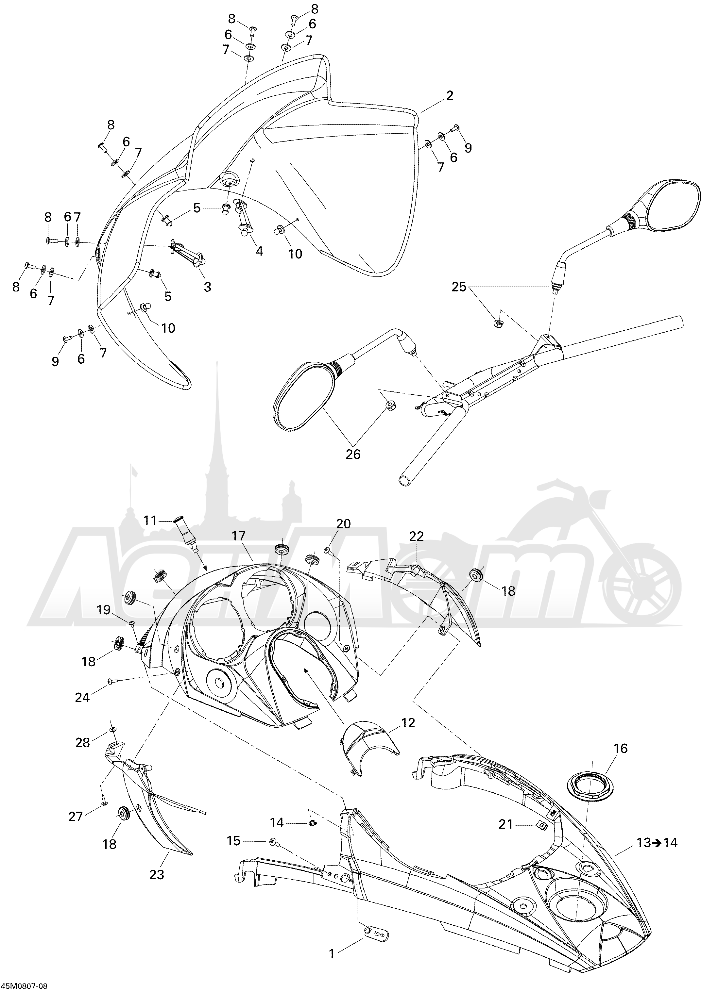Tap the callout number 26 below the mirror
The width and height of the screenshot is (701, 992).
click(x=353, y=454)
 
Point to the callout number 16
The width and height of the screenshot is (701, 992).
click(x=620, y=748)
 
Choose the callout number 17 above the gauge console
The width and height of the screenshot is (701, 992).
click(x=238, y=536)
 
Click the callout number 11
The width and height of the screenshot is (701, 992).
click(x=150, y=520)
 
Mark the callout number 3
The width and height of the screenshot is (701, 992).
click(x=207, y=287)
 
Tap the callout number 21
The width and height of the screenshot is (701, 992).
click(x=505, y=825)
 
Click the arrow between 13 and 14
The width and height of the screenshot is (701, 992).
click(x=657, y=842)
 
